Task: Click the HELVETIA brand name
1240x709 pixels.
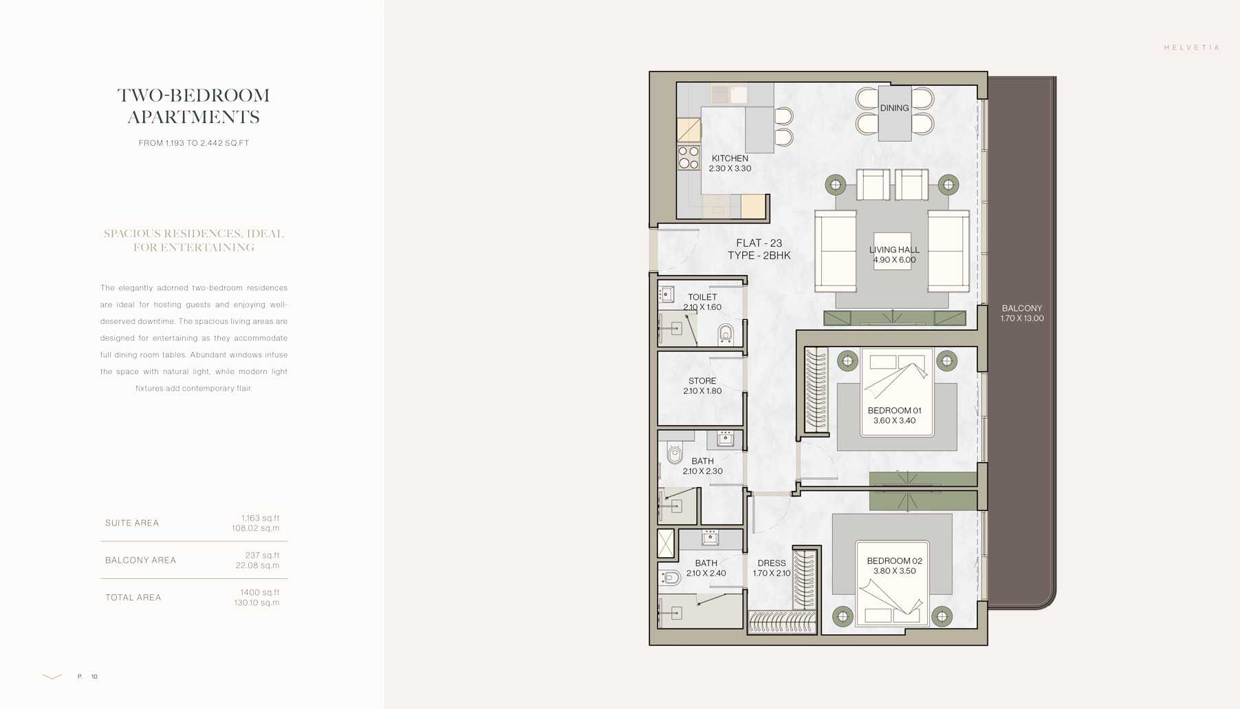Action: coord(1191,47)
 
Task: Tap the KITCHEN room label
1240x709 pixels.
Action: coord(730,158)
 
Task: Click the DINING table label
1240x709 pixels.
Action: coord(894,108)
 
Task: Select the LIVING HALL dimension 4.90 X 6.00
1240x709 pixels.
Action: coord(894,260)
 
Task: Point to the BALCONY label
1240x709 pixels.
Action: coord(1021,308)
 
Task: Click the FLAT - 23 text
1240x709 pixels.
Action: coord(759,243)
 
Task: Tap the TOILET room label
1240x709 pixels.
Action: coord(702,297)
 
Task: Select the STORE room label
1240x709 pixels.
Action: coord(702,380)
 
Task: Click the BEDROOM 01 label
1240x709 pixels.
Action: coord(894,411)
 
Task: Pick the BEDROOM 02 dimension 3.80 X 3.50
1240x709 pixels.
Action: coord(894,571)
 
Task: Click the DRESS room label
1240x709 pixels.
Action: coord(771,563)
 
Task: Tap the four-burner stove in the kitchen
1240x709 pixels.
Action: coord(688,157)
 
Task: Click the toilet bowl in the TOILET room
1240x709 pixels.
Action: coord(725,335)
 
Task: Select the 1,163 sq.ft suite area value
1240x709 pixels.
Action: coord(260,518)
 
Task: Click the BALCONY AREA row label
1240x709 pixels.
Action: coord(140,560)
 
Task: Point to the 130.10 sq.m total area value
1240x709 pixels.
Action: coord(256,602)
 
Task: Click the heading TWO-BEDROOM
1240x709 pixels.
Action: coord(193,95)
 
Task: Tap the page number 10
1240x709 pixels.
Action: coord(94,677)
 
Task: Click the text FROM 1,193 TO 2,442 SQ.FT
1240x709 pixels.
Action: coord(193,143)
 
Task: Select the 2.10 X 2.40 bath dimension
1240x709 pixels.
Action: coord(706,573)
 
